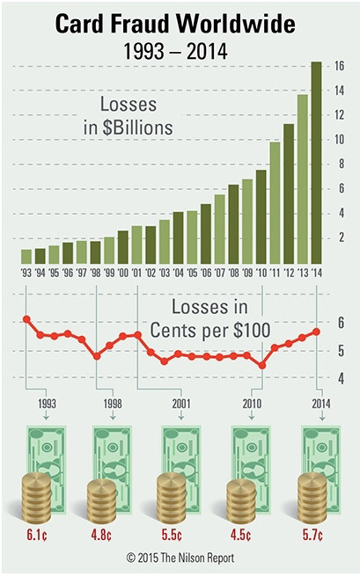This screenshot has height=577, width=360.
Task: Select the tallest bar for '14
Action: click(x=315, y=162)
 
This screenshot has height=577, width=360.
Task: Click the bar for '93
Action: click(x=26, y=256)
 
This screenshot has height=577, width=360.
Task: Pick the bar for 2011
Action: click(x=275, y=202)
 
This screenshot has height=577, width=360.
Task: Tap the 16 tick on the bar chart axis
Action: click(x=339, y=66)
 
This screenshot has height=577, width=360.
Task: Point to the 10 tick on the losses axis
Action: click(x=339, y=140)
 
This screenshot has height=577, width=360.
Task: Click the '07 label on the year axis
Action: click(x=219, y=273)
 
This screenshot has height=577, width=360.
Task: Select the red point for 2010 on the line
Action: click(x=261, y=365)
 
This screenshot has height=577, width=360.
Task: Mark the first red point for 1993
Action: click(x=26, y=319)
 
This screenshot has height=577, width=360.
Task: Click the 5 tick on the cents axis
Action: click(x=340, y=351)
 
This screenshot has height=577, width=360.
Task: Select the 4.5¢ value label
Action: click(x=248, y=533)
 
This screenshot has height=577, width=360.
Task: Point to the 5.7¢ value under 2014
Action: click(x=318, y=533)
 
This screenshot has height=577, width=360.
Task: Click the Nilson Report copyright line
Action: click(x=180, y=558)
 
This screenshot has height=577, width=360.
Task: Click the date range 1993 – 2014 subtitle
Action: click(x=180, y=52)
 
